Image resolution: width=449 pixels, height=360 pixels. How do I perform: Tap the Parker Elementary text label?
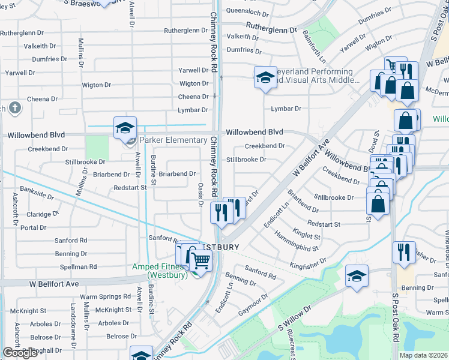click(173, 140)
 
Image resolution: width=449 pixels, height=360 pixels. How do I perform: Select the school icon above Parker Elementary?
click(125, 127)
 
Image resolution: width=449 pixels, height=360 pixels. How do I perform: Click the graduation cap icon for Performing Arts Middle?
click(265, 78)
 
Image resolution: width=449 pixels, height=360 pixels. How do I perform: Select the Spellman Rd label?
click(76, 266)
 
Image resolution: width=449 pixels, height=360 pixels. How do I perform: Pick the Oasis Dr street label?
click(200, 195)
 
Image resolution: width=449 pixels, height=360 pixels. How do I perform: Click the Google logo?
click(20, 353)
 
